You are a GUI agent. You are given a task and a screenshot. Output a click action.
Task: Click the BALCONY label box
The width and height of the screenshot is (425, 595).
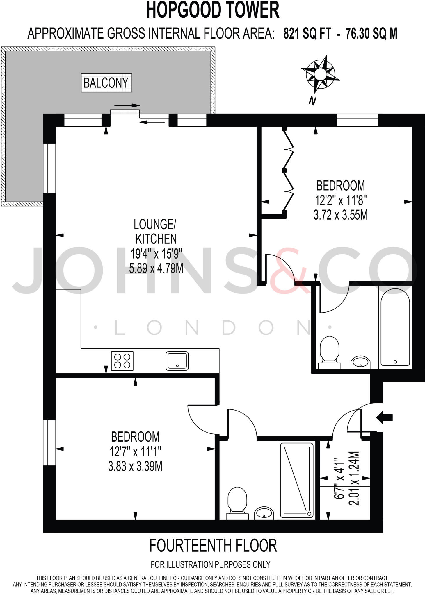[x=106, y=83]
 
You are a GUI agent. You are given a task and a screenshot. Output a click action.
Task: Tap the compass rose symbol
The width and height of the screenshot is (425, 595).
[x=320, y=74]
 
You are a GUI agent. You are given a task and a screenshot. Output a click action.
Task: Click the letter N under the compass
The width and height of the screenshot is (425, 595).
[x=312, y=101]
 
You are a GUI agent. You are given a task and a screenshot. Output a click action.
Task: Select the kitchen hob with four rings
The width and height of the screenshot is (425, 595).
[x=122, y=361]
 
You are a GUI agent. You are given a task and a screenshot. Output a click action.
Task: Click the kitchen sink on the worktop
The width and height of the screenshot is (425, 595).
[x=177, y=361]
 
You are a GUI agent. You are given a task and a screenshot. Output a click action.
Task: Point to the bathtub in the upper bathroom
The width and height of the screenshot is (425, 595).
[x=395, y=327]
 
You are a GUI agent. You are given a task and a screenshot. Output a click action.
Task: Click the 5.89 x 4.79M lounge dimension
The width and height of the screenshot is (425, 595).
[x=156, y=268]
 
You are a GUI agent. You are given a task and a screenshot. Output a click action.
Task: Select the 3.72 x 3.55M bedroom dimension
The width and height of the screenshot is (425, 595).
[x=340, y=215]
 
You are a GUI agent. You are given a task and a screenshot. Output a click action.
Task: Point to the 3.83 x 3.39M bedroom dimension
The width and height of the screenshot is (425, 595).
[x=135, y=466]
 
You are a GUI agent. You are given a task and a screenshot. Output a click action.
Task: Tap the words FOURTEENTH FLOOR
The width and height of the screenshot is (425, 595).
[x=213, y=546]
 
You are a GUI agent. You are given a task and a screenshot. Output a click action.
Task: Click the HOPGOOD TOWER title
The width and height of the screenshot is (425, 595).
[x=213, y=10]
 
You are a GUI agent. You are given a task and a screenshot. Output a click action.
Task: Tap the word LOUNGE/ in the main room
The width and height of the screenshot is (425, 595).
[x=155, y=224]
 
